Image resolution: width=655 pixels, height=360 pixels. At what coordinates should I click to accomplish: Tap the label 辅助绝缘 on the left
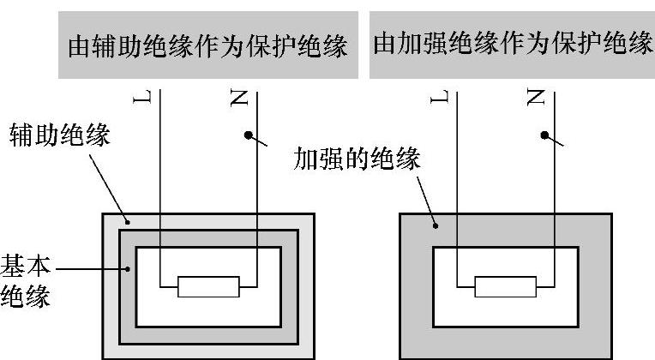point(59,135)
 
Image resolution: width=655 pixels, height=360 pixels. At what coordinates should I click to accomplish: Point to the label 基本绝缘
point(27,279)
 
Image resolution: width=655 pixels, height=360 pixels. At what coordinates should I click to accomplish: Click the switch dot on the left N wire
point(248,135)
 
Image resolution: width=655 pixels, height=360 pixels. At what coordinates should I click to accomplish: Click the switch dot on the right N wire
point(544,135)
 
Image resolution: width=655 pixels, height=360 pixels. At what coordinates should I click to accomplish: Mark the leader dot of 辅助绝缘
point(125,222)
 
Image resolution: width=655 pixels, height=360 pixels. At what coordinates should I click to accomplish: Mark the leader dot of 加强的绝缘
point(436,227)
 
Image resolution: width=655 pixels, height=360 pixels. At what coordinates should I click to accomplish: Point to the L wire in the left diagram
point(159,189)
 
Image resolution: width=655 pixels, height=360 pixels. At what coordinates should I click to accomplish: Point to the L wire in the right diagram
point(456,189)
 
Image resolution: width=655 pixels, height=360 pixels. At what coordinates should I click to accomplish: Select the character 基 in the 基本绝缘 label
point(15,263)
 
